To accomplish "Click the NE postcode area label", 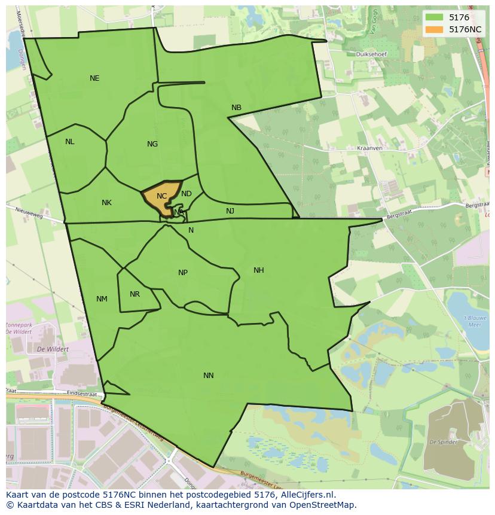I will click(x=94, y=78).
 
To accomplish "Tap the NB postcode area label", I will click(x=236, y=108).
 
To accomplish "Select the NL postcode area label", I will click(x=70, y=142).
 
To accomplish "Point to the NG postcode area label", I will click(x=152, y=144).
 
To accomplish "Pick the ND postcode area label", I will click(x=187, y=194).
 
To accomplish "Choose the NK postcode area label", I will click(x=106, y=203).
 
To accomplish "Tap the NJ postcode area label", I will click(x=230, y=211).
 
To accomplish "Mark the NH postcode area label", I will click(x=258, y=270).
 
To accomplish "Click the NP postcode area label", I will click(x=183, y=273).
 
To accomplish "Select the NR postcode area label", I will click(x=135, y=294).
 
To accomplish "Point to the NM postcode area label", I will click(x=102, y=299).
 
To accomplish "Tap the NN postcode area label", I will click(x=208, y=376).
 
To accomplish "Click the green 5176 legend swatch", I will click(x=434, y=17).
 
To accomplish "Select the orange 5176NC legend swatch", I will click(x=434, y=29).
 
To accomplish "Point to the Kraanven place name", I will click(x=369, y=148).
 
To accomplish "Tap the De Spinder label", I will click(x=445, y=442).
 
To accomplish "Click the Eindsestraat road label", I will click(x=82, y=394).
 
